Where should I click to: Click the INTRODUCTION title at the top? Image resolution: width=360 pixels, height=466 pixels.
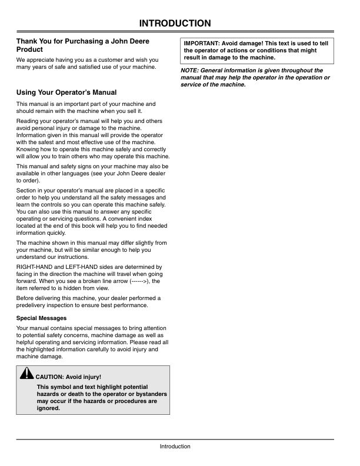(x=175, y=24)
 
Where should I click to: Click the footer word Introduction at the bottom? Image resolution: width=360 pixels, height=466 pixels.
(x=175, y=447)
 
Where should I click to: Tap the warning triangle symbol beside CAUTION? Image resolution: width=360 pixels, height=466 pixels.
(x=27, y=374)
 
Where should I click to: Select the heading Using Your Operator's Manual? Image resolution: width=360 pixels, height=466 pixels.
(x=66, y=92)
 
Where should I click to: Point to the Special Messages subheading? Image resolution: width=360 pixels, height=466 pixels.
(x=41, y=318)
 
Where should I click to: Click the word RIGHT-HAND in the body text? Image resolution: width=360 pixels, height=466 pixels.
(x=35, y=267)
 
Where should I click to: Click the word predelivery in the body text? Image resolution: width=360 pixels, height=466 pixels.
(x=33, y=305)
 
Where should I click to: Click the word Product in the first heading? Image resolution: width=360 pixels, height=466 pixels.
(x=31, y=49)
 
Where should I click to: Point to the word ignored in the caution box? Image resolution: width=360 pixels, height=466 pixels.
(x=48, y=408)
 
